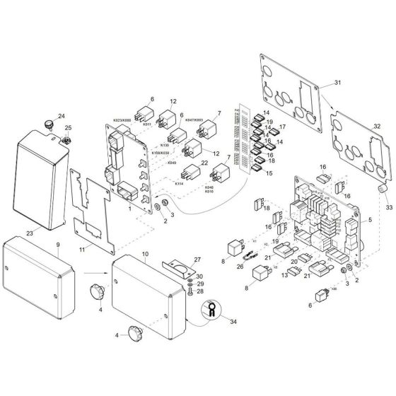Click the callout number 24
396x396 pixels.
62,116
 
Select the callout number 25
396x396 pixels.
69,128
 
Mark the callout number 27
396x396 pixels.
198,261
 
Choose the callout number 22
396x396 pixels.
204,164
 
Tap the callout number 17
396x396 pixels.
281,127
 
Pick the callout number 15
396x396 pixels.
271,173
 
